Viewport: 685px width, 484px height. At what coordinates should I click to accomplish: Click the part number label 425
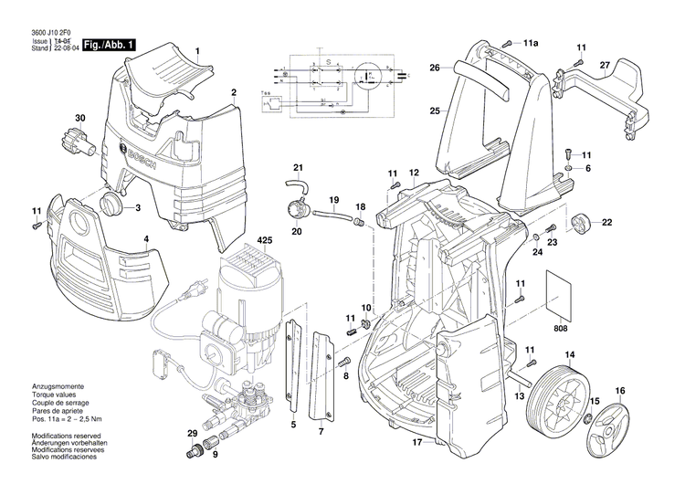point(264,241)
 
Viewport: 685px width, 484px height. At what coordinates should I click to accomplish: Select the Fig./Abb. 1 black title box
point(110,45)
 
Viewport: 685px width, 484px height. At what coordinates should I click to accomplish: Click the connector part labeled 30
point(74,143)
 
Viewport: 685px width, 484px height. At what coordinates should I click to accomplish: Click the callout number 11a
point(531,43)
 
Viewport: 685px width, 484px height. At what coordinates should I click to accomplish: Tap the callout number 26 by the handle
point(436,67)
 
